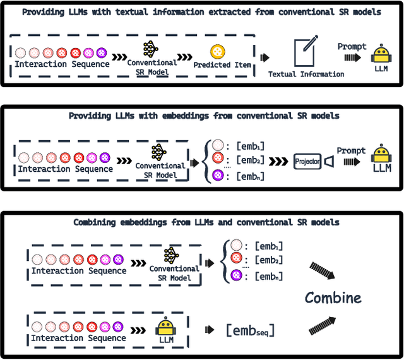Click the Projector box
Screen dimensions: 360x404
point(307,161)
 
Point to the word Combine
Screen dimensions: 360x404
point(333,297)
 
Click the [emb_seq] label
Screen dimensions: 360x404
point(250,329)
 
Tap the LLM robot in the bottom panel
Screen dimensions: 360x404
point(165,328)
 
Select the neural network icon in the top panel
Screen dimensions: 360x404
point(151,49)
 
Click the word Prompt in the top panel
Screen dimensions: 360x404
point(352,46)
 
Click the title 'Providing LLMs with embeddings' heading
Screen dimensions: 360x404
point(204,116)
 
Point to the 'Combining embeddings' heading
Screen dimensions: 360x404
point(206,222)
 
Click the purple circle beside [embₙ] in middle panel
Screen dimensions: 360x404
point(218,175)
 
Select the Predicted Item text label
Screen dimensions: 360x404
point(222,65)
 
